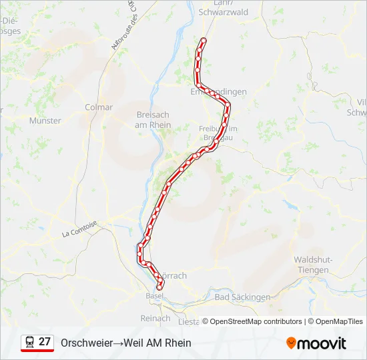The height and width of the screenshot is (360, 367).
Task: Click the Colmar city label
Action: click(99, 107)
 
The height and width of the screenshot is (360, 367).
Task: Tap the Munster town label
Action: click(45, 121)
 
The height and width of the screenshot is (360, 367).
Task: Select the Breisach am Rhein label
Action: click(153, 120)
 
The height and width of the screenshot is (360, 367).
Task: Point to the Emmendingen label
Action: click(219, 91)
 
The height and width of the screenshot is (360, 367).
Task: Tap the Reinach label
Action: click(155, 319)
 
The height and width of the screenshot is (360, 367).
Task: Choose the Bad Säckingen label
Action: click(242, 297)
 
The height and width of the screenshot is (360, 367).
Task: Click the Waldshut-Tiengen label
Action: click(312, 265)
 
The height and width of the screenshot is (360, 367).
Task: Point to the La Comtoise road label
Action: click(79, 229)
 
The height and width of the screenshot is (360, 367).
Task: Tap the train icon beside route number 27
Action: click(30, 343)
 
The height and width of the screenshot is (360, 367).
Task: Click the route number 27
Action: click(45, 342)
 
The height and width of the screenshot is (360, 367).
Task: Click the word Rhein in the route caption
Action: click(178, 343)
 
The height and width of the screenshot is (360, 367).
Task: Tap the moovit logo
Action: click(316, 343)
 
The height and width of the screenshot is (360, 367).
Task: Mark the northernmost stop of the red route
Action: click(203, 41)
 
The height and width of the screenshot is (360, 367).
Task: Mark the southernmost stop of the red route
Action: click(159, 287)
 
